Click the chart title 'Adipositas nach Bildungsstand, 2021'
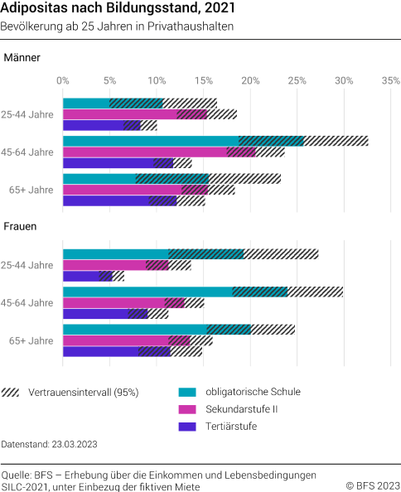118,9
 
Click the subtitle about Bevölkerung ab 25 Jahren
117,27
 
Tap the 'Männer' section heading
22,58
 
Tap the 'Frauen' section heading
22,225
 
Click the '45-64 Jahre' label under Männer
29,152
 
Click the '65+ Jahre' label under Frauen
31,340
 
